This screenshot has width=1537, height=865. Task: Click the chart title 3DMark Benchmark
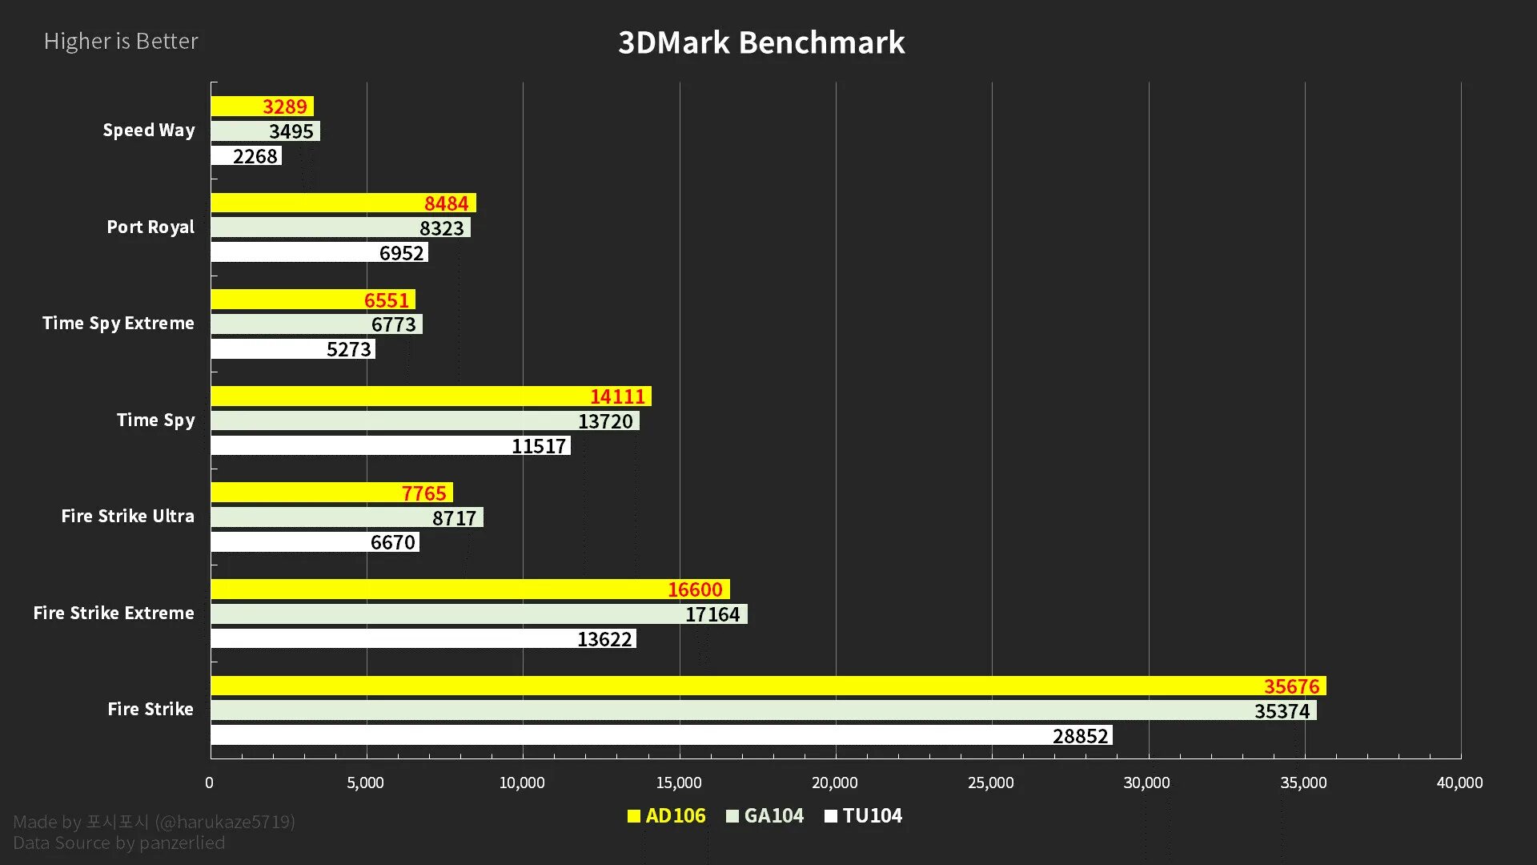[x=761, y=42]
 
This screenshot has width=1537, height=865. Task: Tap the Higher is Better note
[x=121, y=41]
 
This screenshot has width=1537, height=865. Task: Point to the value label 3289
[x=285, y=107]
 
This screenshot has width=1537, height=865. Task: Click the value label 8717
[x=454, y=518]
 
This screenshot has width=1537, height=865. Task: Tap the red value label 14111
[x=617, y=396]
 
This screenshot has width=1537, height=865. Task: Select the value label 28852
[x=1080, y=736]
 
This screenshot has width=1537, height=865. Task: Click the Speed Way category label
[x=149, y=131]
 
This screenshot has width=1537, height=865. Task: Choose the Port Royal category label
[x=150, y=227]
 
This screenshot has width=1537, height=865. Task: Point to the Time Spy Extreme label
[x=118, y=324]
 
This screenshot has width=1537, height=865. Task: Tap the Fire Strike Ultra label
[x=128, y=517]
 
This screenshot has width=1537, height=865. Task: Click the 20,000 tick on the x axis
[x=834, y=783]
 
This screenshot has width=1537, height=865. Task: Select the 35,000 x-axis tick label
[x=1302, y=783]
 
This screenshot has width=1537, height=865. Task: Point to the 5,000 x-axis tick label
[x=365, y=783]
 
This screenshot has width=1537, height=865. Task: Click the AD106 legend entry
[x=667, y=816]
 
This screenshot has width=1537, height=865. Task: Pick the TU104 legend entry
[x=864, y=816]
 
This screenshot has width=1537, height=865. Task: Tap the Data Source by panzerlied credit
[x=119, y=843]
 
